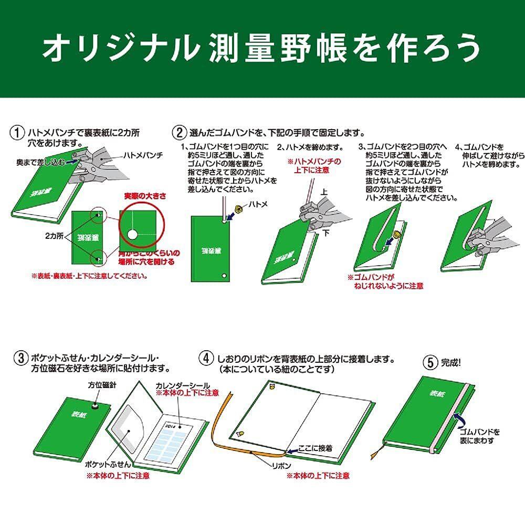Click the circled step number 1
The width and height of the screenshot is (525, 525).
pyautogui.click(x=18, y=131)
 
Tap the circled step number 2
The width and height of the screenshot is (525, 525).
pyautogui.click(x=180, y=131)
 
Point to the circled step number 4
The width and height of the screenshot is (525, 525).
pyautogui.click(x=206, y=359)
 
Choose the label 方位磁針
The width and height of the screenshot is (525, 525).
pyautogui.click(x=102, y=385)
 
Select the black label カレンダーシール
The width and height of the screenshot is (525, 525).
pyautogui.click(x=182, y=385)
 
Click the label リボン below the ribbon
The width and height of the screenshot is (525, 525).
pyautogui.click(x=279, y=465)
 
